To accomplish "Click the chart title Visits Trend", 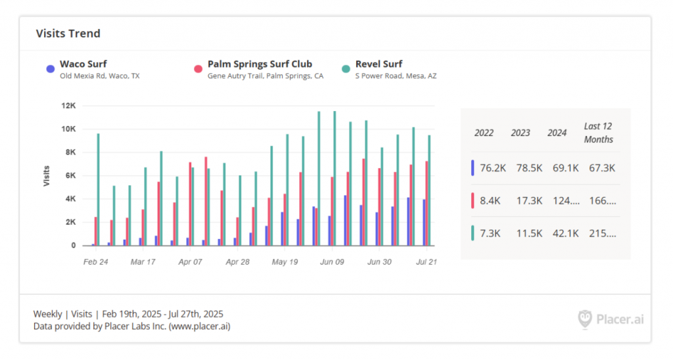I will (68, 34).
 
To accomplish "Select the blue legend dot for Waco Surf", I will (50, 69).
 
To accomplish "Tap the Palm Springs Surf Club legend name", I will (260, 64).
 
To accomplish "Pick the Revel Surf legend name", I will (379, 64).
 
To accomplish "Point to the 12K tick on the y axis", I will (68, 106).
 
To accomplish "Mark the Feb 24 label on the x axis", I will (95, 261).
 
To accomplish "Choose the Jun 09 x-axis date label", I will (332, 261).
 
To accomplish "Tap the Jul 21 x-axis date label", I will (427, 261).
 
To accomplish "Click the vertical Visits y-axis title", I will (47, 175).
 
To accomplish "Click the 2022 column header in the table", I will (484, 133).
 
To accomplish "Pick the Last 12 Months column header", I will (598, 133).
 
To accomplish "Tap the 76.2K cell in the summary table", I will (492, 168).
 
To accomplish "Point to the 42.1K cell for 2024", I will (563, 233).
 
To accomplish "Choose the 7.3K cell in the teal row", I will (490, 233).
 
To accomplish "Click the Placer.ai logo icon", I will (585, 319).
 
